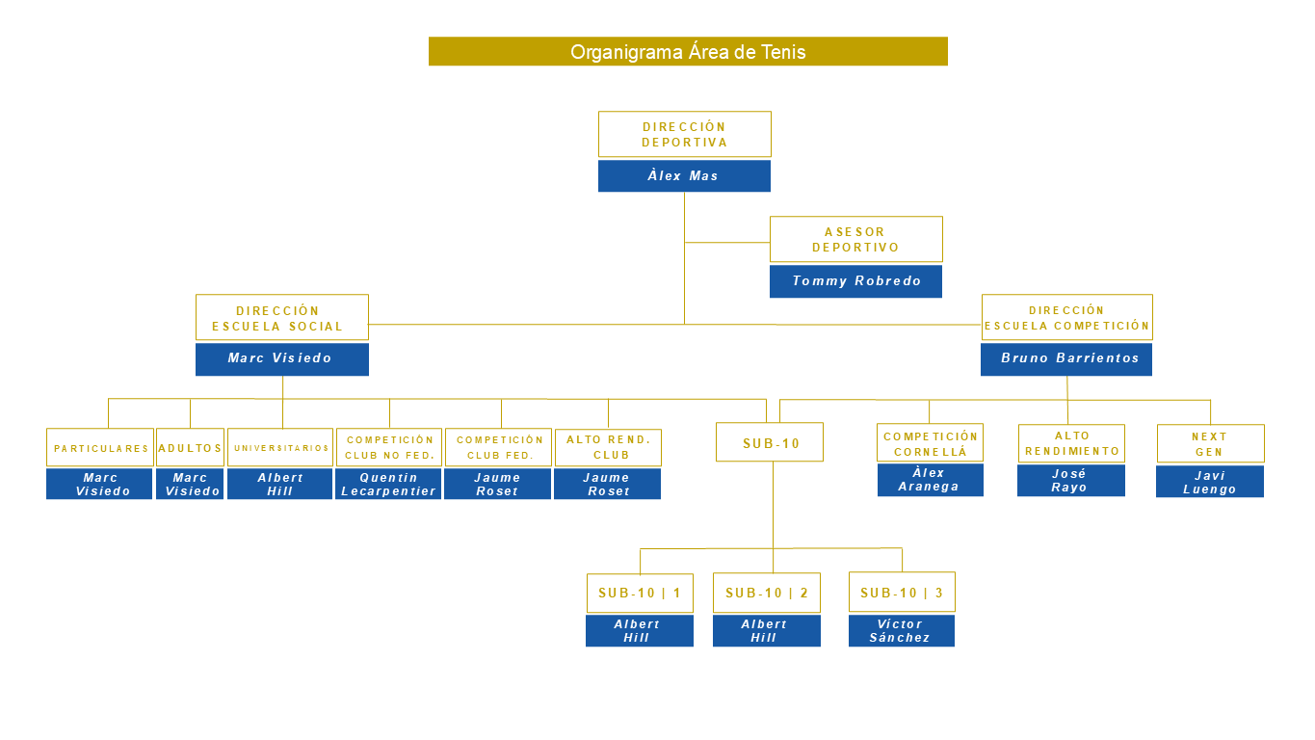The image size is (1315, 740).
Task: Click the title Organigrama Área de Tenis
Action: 688,52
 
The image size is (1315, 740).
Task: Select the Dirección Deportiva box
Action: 684,134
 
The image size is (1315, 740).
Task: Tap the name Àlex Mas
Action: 684,176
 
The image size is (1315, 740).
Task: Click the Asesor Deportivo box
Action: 855,239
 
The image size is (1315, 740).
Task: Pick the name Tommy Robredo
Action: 855,281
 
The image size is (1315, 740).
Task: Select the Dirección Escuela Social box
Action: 281,318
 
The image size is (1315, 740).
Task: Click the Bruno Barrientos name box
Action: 1066,358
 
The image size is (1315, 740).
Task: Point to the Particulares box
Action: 100,448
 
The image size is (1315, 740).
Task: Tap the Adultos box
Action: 190,448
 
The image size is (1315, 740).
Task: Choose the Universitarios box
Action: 280,448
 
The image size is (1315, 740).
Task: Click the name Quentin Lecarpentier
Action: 388,484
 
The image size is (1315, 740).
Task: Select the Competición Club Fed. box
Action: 498,447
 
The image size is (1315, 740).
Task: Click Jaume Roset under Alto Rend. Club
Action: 607,484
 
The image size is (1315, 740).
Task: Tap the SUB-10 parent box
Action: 769,442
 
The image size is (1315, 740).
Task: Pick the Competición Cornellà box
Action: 930,443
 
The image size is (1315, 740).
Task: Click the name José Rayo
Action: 1070,481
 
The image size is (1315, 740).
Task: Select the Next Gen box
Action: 1210,444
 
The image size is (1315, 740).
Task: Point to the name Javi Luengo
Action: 1209,482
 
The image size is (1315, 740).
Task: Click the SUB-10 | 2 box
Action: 766,593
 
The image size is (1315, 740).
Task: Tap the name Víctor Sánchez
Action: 901,631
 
